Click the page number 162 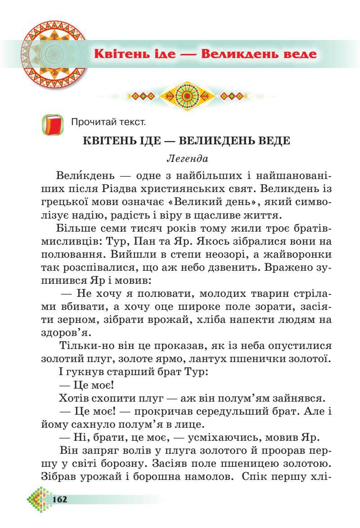[x=59, y=499]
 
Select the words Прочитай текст [x=108, y=122]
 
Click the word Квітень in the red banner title [x=122, y=54]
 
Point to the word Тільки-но [x=86, y=345]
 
